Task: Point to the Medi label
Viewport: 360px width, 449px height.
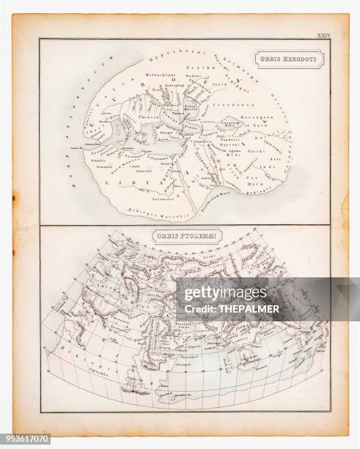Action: tap(230, 156)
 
